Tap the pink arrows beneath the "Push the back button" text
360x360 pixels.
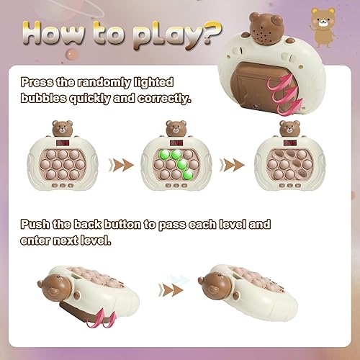pyautogui.click(x=100, y=316)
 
